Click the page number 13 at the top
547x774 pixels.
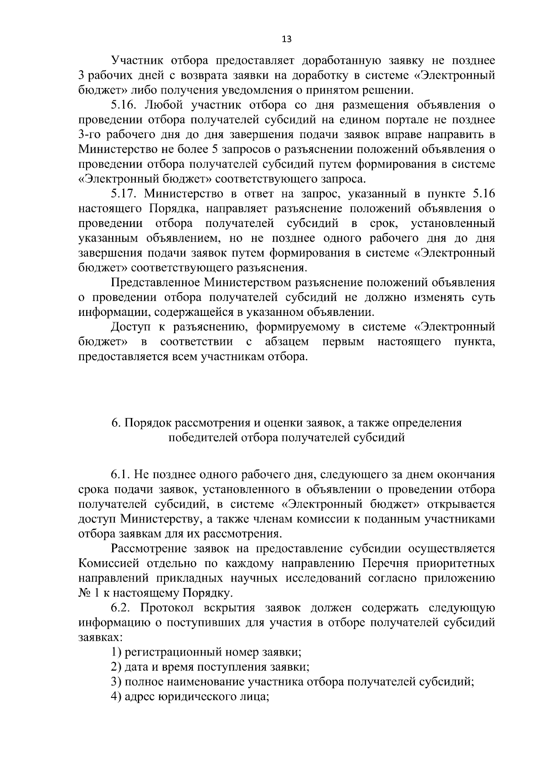287,39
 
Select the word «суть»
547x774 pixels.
482,298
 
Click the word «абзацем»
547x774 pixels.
286,342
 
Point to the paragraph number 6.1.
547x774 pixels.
119,475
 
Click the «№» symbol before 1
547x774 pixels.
85,593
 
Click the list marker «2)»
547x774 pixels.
116,667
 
